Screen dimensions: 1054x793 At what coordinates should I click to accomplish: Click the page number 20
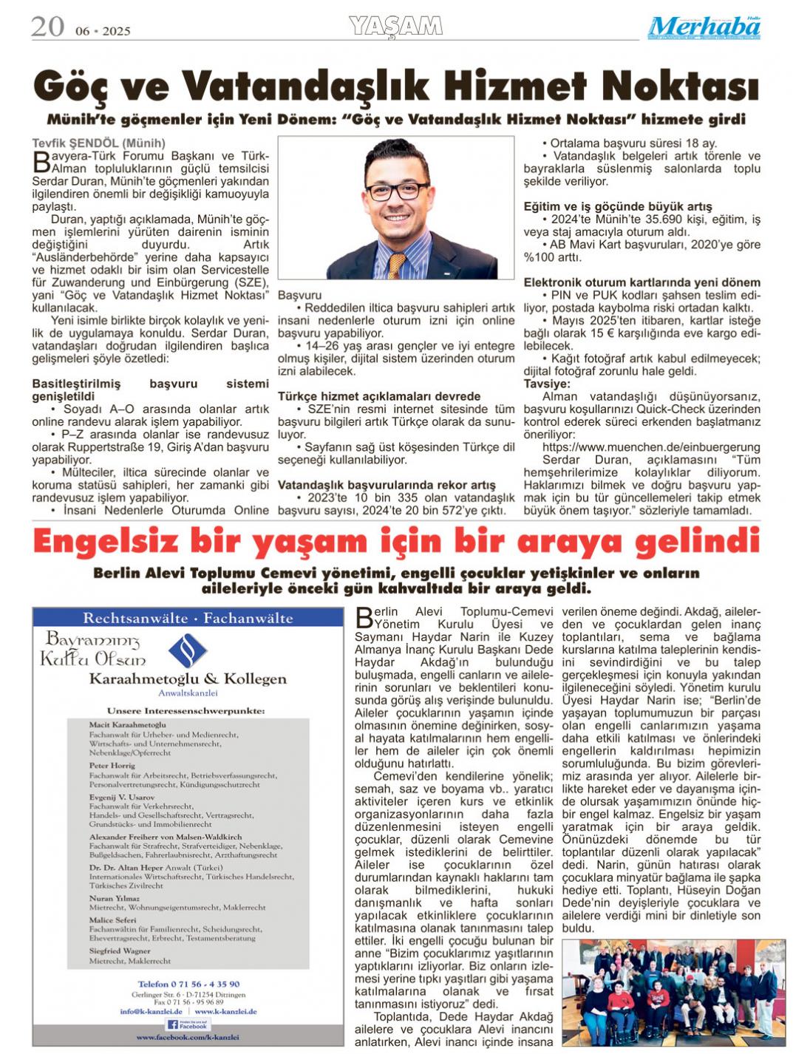pos(47,27)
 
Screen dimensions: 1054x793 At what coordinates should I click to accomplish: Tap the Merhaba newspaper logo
pos(704,27)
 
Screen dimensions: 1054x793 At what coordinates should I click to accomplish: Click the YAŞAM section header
pos(395,27)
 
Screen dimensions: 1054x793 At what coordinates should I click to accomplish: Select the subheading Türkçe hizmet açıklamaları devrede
pos(379,396)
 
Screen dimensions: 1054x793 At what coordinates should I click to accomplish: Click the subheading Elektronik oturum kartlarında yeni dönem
pos(641,282)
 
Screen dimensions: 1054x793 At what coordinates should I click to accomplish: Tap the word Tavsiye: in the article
pos(547,384)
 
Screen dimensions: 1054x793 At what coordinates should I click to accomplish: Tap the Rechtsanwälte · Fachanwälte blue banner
pos(188,618)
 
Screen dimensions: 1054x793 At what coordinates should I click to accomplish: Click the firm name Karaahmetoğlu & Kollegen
pos(188,679)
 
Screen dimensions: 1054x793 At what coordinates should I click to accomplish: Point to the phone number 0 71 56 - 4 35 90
pos(188,984)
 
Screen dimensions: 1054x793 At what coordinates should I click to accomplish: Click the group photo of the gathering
pos(674,991)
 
